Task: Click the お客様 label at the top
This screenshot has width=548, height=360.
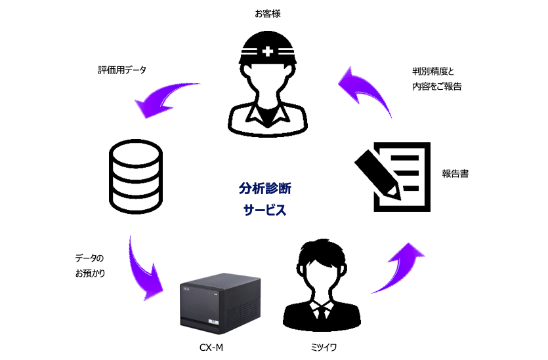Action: (267, 12)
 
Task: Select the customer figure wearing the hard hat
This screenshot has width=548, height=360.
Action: (268, 85)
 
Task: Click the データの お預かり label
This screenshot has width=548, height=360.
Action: (90, 266)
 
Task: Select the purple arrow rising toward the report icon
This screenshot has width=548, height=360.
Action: (400, 266)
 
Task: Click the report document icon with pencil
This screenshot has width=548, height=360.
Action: (394, 175)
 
